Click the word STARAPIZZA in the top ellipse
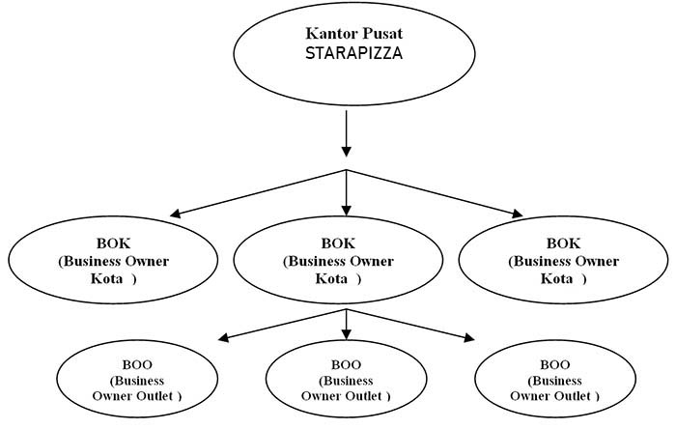coord(354,53)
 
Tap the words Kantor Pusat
coord(354,33)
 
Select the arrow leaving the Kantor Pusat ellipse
coord(346,133)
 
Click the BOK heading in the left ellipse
coord(113,243)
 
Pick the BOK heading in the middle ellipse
coord(338,243)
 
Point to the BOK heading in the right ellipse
coord(563,243)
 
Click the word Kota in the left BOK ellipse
coord(106,278)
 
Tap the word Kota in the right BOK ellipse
coord(556,278)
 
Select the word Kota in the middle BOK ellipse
coord(331,278)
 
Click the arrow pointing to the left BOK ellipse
coord(258,193)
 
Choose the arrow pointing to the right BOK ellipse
coord(435,193)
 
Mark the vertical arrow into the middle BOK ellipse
coord(346,192)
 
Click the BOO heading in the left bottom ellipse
coord(137,365)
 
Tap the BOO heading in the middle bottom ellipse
coord(346,365)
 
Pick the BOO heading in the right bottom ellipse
coord(555,365)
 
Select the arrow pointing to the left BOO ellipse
coord(282,325)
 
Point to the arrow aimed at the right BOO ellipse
coord(410,325)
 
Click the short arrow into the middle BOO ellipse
coord(346,325)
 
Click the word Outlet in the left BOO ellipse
coord(155,396)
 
